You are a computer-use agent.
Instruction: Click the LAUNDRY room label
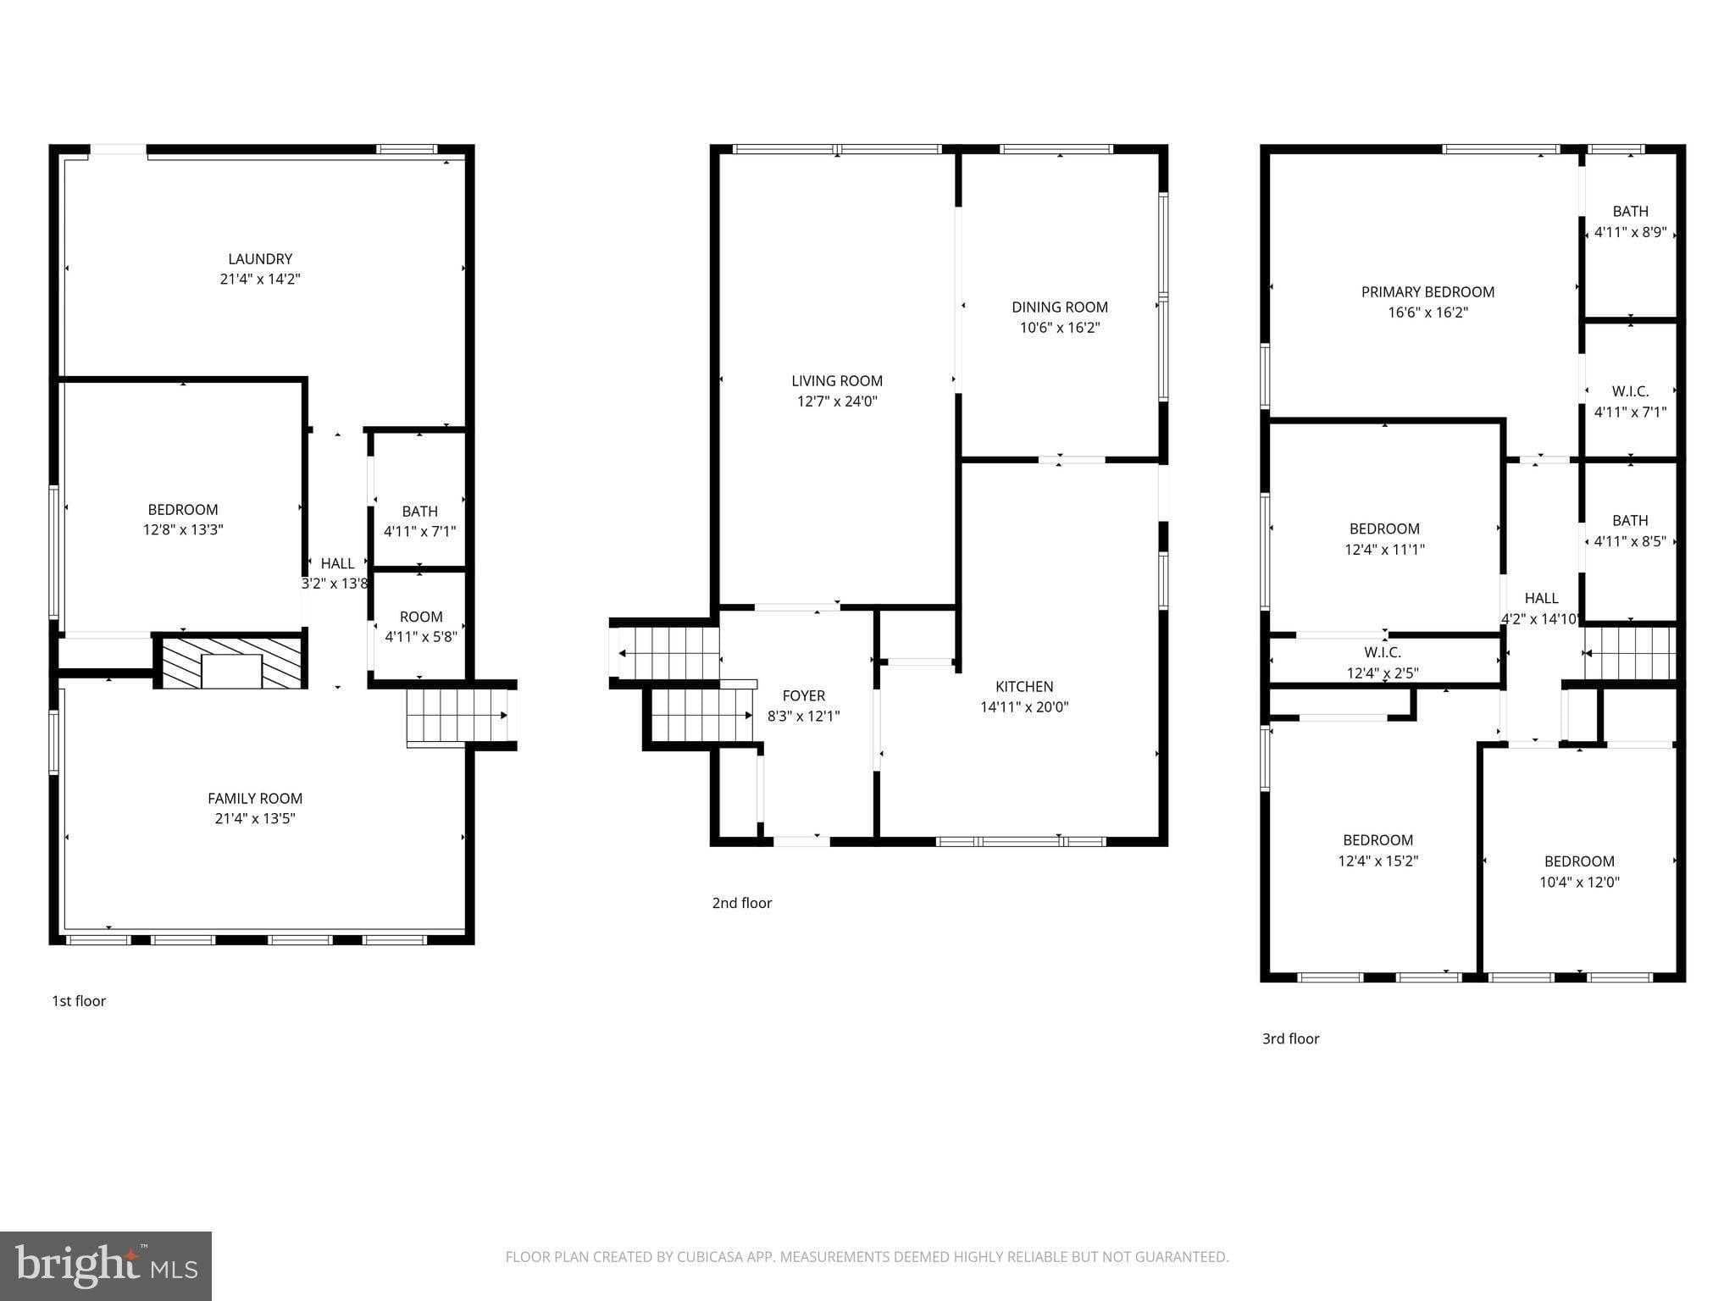[x=260, y=259]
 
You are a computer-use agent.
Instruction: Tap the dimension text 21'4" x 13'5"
[x=255, y=818]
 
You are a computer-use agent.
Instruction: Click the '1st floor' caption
[x=79, y=1001]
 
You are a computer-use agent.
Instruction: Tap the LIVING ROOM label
[x=837, y=381]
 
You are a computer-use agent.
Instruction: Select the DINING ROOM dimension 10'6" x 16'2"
[x=1060, y=328]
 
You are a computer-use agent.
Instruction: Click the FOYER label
[x=803, y=695]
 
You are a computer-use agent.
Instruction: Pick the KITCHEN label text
[x=1024, y=687]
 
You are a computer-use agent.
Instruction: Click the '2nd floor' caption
[x=741, y=903]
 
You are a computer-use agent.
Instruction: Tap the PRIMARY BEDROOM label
[x=1427, y=292]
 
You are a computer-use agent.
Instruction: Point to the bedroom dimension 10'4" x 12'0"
[x=1579, y=882]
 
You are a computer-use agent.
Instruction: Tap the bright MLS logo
[x=106, y=1265]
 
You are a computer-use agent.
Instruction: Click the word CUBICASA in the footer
[x=710, y=1257]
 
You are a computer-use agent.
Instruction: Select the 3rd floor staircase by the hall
[x=1631, y=653]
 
